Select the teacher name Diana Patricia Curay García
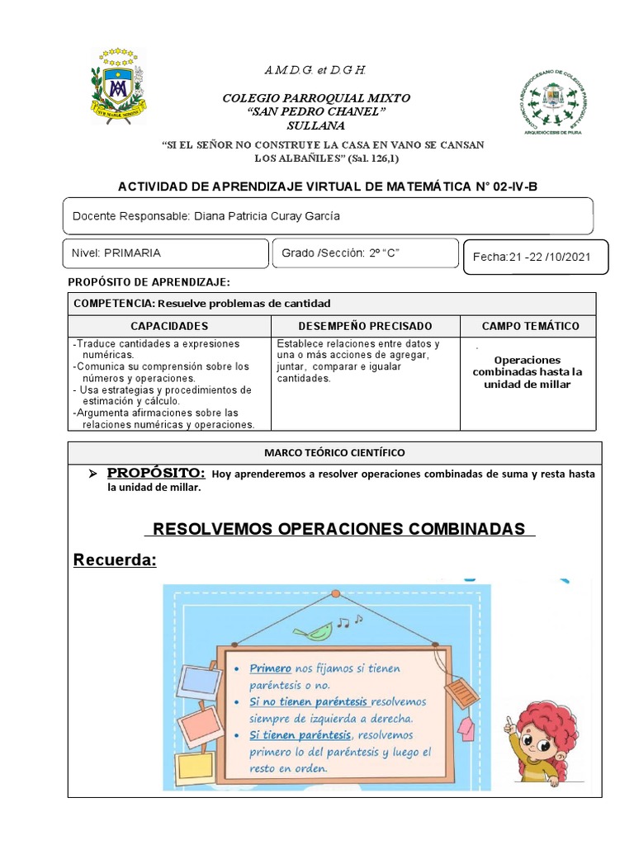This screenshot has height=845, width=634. pos(266,216)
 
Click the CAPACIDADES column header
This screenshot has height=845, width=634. pos(169,327)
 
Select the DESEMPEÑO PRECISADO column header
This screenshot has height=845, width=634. pos(365,327)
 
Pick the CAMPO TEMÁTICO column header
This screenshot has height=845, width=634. pos(530,327)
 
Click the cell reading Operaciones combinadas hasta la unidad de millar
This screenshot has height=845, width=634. pos(528,372)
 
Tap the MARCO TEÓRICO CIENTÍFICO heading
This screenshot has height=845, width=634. pos(334,453)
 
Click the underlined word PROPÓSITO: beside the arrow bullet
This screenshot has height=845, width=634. pos(155,473)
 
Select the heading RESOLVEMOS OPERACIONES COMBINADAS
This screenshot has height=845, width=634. pos(339,528)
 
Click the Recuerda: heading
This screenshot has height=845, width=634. pos(115,561)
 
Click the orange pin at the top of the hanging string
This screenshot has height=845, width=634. pos(335,593)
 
